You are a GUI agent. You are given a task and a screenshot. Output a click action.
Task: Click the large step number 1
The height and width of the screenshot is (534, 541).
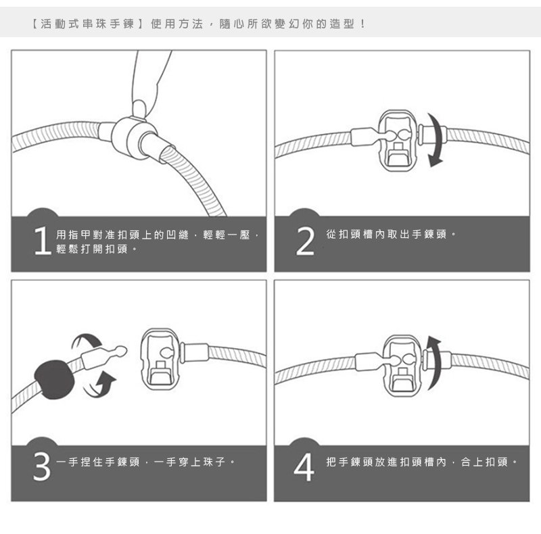(x=43, y=241)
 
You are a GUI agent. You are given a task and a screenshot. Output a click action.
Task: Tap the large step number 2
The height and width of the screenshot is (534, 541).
(x=306, y=241)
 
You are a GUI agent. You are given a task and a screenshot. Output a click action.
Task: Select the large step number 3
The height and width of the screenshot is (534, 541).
(x=42, y=466)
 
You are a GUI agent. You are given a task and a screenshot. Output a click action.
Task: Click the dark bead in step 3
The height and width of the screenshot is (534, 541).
(x=54, y=379)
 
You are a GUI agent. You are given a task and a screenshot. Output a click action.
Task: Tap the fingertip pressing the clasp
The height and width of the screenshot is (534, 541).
(x=140, y=108)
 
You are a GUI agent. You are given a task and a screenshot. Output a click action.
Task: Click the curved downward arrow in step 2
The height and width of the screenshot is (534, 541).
(x=436, y=139)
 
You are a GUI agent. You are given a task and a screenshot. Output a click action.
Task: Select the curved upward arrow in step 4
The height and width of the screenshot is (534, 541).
(x=436, y=362)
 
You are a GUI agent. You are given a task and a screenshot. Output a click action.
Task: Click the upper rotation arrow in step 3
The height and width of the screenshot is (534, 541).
(x=87, y=341)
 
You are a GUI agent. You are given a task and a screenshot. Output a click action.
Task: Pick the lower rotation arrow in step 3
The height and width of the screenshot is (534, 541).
(x=100, y=386)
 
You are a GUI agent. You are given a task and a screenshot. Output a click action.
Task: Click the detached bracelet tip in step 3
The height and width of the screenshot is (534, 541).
(x=104, y=356)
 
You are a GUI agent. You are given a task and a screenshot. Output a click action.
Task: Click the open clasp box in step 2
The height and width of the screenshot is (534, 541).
(x=398, y=141)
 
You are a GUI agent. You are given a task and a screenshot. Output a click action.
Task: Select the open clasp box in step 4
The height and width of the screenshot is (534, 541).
(x=402, y=365)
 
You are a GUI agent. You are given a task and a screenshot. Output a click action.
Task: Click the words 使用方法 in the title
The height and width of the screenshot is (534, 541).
(x=177, y=24)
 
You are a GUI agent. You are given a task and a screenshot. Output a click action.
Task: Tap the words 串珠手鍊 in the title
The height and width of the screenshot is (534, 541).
(x=108, y=24)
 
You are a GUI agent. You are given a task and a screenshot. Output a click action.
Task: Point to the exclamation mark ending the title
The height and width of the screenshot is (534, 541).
(x=362, y=24)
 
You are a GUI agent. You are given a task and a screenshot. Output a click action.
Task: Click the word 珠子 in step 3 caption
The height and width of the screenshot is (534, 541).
(x=214, y=462)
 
